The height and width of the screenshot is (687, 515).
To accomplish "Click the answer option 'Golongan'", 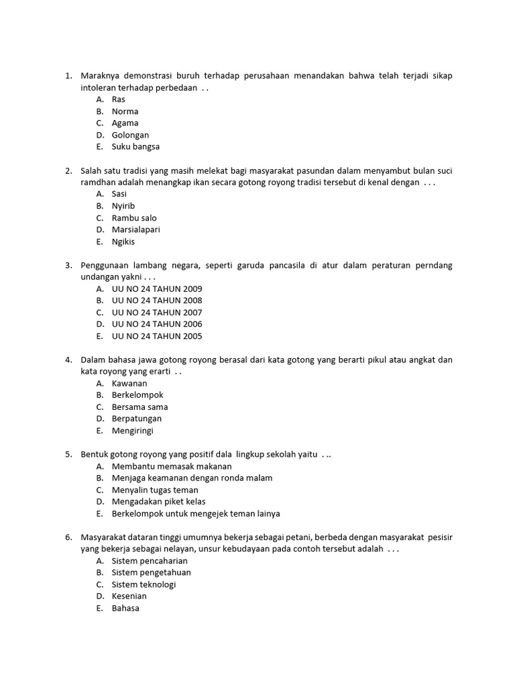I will tap(130, 135).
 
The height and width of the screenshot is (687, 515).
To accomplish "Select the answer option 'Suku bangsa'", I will tap(135, 147).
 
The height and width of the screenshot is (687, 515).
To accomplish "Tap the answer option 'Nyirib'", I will tap(123, 206).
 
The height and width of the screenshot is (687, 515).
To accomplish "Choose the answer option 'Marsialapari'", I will tap(135, 229).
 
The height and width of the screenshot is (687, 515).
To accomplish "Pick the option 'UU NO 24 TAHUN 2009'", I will tap(157, 288).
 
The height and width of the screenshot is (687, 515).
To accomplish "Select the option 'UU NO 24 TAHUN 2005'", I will tap(157, 336).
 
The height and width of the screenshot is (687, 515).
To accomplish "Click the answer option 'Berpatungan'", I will tap(137, 419).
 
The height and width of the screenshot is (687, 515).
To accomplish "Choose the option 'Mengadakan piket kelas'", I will tap(158, 502).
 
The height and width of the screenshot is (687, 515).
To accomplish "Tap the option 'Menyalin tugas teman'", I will tap(155, 490).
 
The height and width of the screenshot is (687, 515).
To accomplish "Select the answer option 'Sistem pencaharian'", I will tap(150, 561).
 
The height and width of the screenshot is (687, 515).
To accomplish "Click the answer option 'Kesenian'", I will tap(129, 596).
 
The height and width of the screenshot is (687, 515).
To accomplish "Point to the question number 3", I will tap(68, 266).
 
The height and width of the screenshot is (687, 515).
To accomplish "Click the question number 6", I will tap(68, 537).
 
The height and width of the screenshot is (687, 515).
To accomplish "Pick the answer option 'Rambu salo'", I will tap(134, 218).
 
